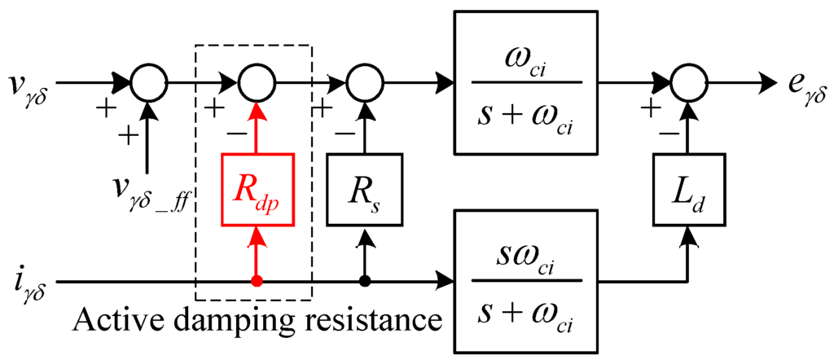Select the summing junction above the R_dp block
click(257, 82)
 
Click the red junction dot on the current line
click(257, 282)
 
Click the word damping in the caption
click(214, 321)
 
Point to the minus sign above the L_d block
click(670, 131)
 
